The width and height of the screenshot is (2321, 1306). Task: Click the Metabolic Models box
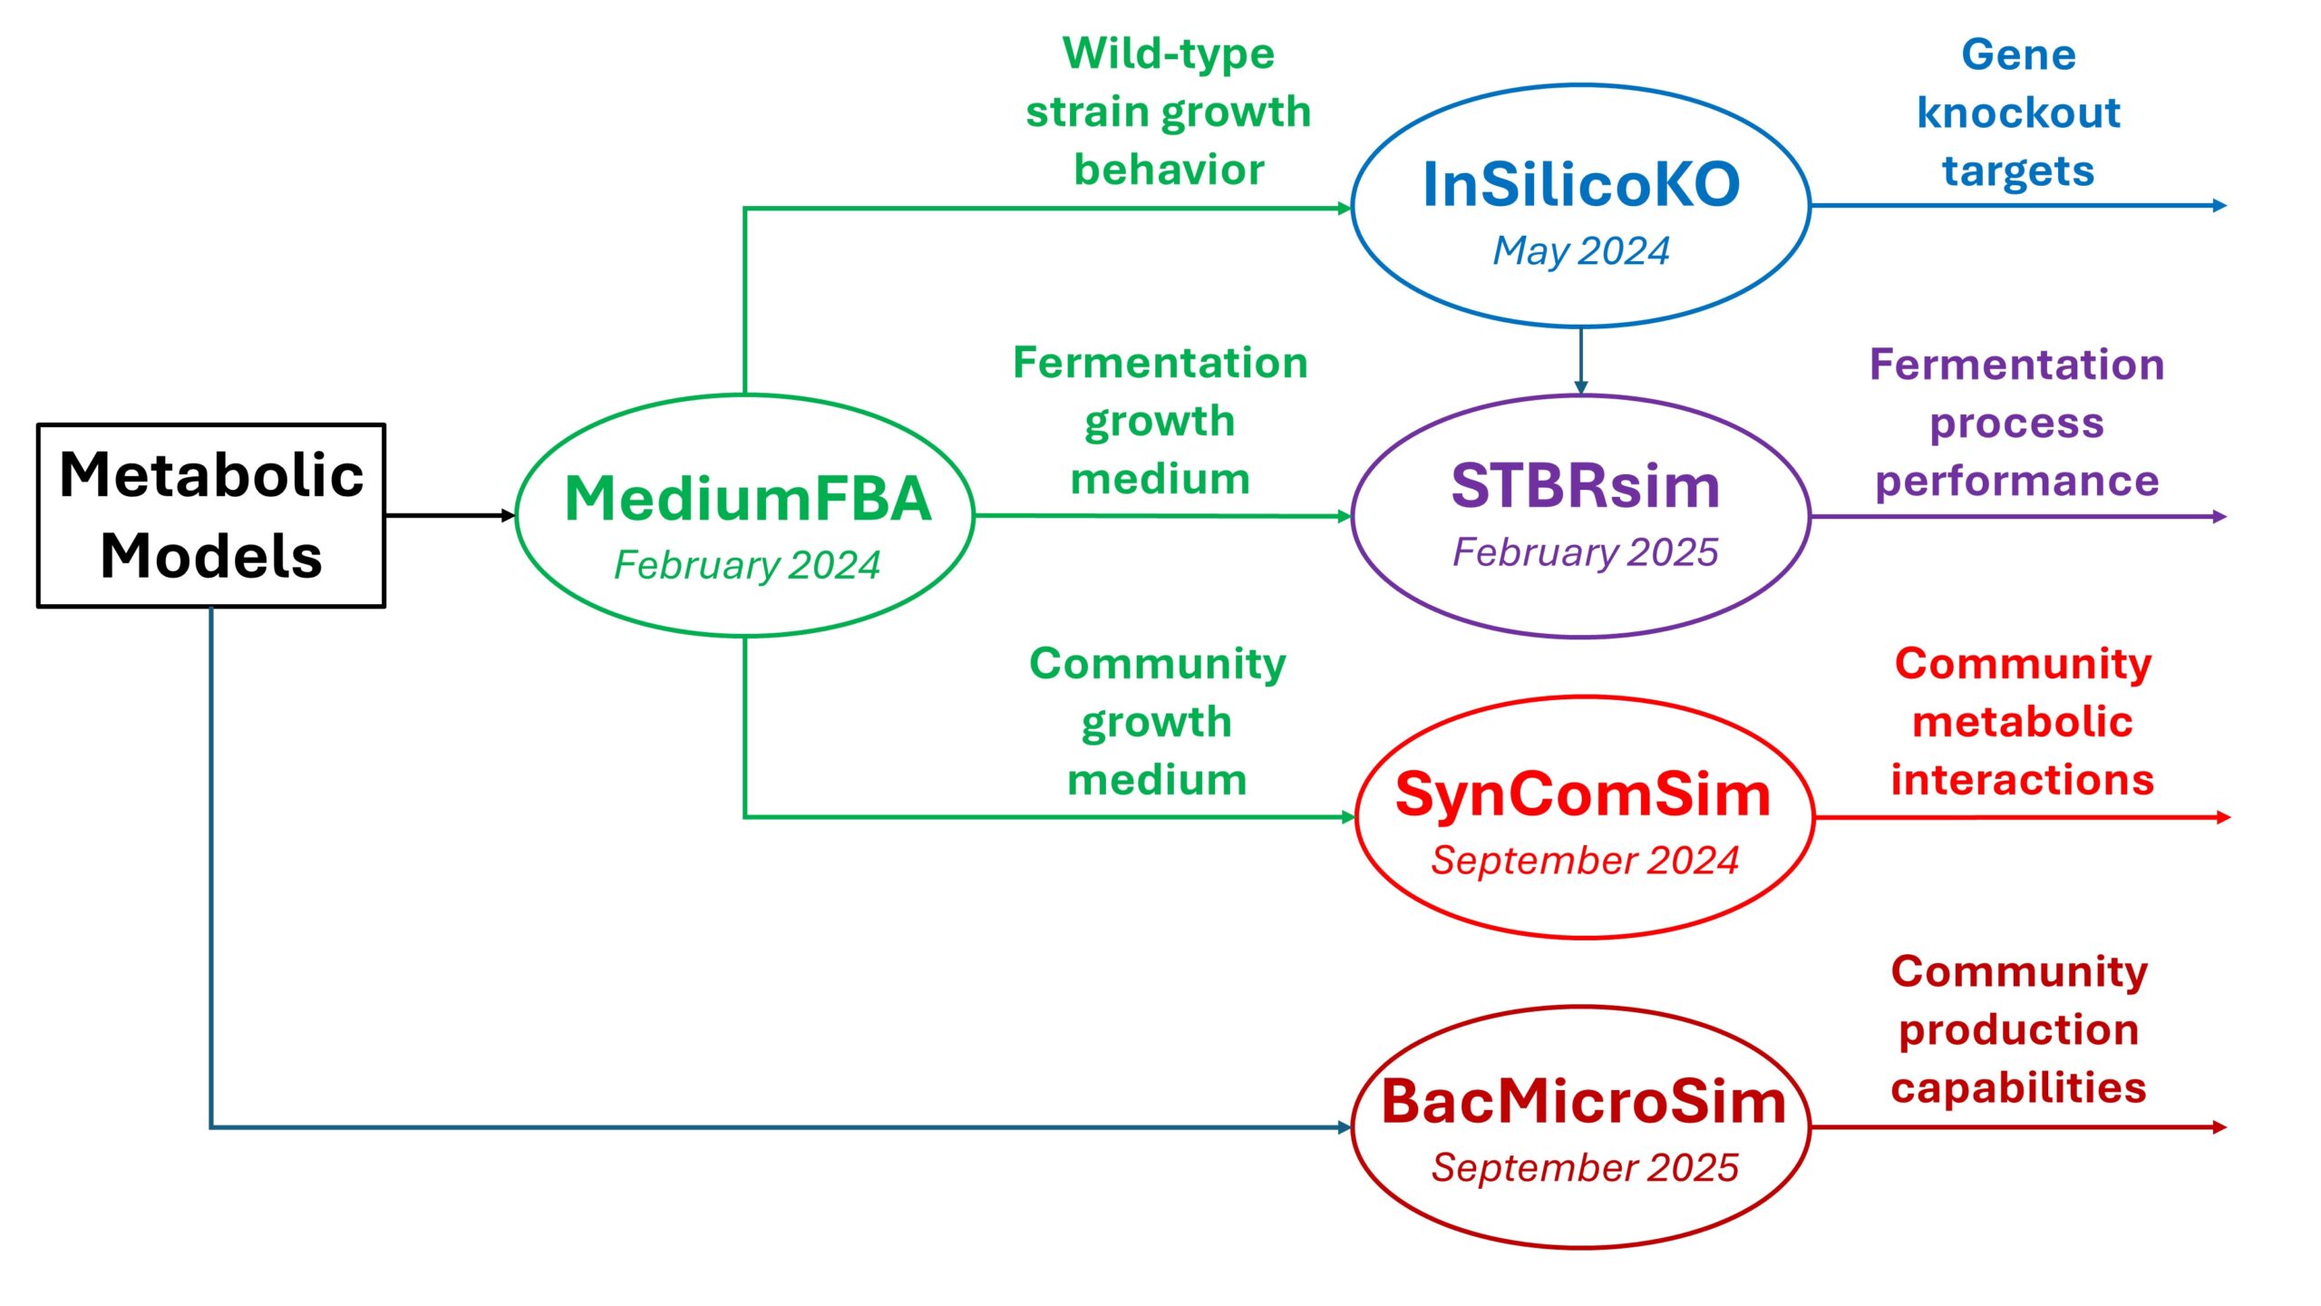tap(211, 515)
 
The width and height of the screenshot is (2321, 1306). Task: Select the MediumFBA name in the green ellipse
tap(748, 499)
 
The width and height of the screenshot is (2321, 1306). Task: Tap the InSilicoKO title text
tap(1581, 185)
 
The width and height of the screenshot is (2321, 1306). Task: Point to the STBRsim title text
tap(1585, 486)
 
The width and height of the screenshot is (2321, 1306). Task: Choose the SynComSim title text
tap(1583, 794)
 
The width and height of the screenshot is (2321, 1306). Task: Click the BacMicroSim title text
tap(1583, 1103)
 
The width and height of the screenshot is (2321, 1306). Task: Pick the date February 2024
tap(747, 565)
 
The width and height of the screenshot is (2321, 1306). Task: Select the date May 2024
tap(1581, 251)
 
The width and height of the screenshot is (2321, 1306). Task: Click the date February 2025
tap(1585, 552)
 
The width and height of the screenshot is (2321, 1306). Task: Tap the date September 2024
tap(1585, 861)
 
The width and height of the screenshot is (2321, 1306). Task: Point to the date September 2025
tap(1585, 1168)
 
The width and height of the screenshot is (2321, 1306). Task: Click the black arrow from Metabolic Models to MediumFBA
tap(449, 516)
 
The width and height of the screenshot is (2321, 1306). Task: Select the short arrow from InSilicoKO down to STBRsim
tap(1581, 360)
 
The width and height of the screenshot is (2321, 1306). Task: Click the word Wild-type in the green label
tap(1168, 54)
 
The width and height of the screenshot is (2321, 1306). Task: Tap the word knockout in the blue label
tap(2018, 113)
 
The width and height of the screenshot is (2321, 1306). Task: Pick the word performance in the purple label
tap(2016, 482)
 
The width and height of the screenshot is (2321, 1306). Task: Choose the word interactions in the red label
tap(2022, 781)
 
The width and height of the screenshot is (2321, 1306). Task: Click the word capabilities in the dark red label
tap(2018, 1088)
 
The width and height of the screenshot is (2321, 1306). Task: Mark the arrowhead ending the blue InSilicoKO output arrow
tap(2219, 206)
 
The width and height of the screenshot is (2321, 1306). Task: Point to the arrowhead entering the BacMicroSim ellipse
tap(1345, 1127)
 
